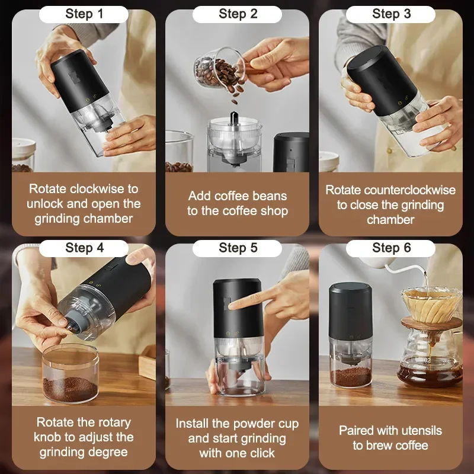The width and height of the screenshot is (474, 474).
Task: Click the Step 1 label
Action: (x=84, y=14)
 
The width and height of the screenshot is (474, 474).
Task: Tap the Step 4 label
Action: (x=84, y=248)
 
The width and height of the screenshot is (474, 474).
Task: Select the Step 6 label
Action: (x=392, y=248)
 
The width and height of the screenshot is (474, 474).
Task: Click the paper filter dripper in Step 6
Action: (x=432, y=305)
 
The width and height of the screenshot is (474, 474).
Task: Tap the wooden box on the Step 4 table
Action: (x=147, y=362)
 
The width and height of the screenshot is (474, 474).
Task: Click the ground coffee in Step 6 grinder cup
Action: (x=351, y=376)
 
